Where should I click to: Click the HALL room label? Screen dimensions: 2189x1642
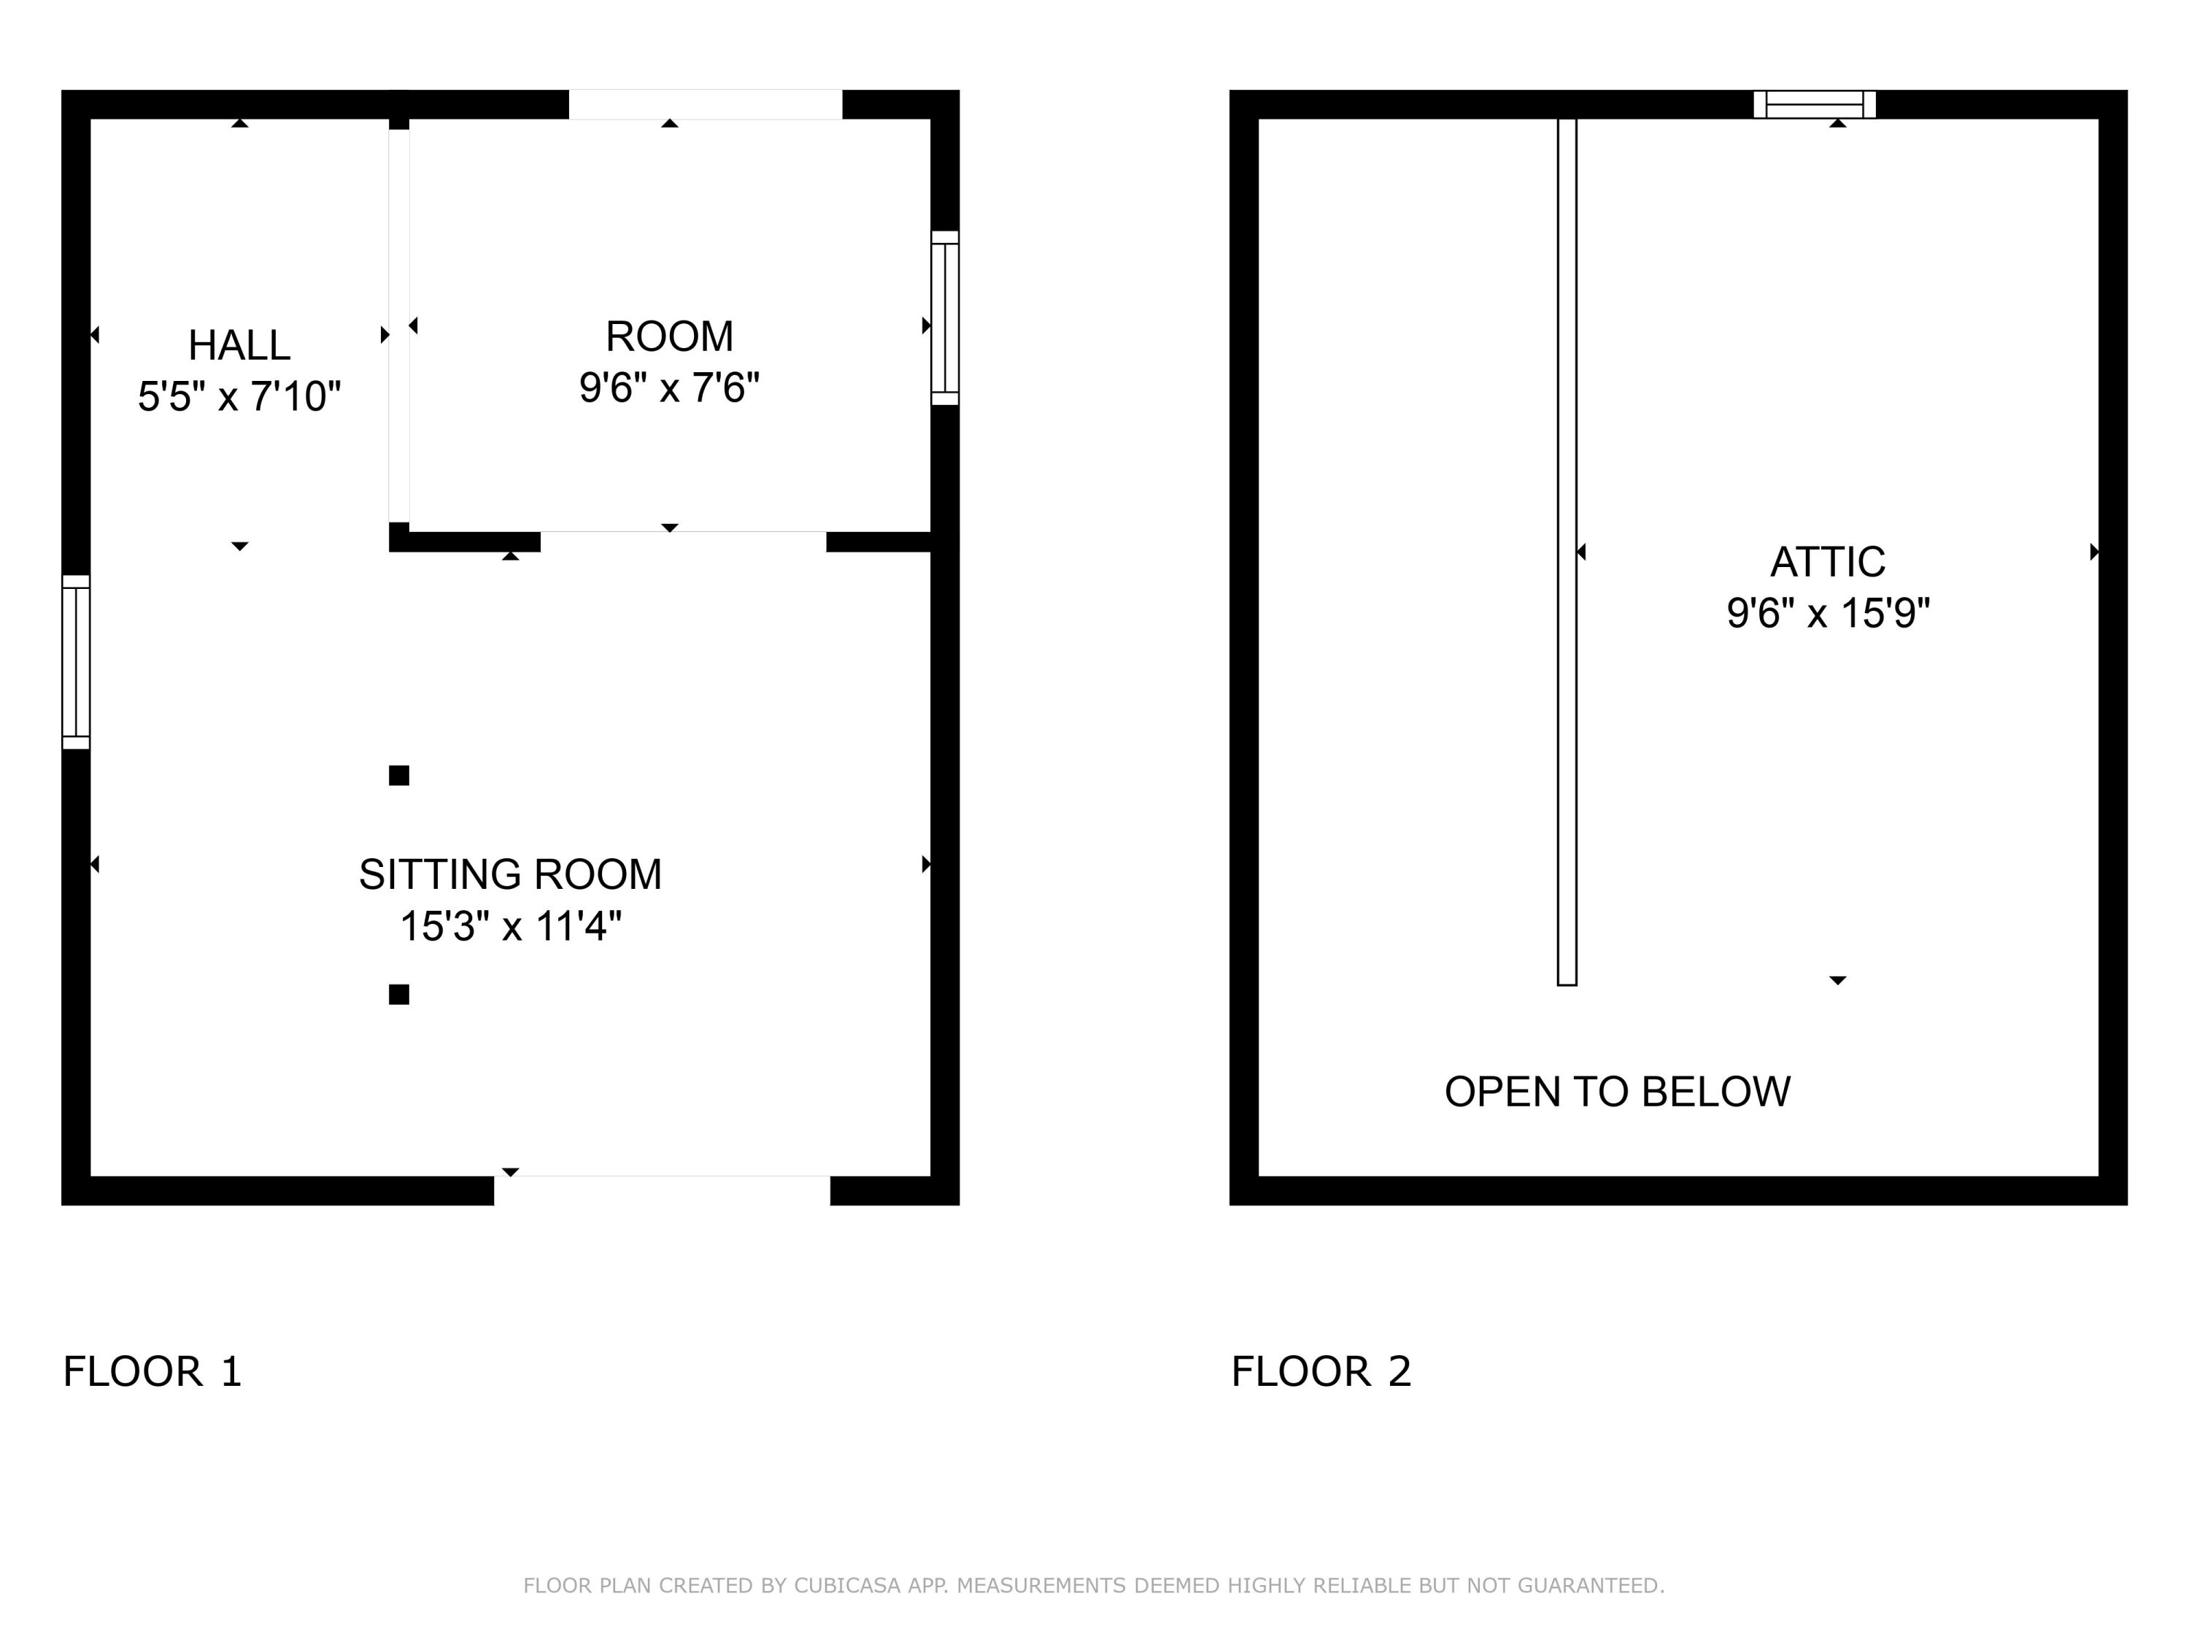[239, 345]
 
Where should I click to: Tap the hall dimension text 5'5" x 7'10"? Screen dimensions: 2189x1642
[239, 397]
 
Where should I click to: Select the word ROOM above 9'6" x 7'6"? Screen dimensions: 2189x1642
[669, 336]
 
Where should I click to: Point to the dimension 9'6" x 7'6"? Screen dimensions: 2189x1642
[669, 388]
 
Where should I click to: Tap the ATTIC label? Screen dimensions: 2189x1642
[1828, 562]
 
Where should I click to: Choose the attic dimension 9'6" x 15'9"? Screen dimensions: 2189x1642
[1828, 614]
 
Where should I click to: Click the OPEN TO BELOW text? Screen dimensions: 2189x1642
[1617, 1092]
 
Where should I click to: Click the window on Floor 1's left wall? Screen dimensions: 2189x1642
[76, 662]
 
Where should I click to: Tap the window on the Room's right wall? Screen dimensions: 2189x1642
[945, 317]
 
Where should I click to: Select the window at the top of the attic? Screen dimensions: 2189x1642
[1815, 104]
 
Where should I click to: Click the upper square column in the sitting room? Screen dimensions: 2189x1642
[399, 776]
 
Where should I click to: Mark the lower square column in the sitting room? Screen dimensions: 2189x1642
[399, 995]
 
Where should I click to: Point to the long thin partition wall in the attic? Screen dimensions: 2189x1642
[1567, 552]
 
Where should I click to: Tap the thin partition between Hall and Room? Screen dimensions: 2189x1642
[399, 325]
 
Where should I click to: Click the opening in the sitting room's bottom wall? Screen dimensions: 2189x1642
[662, 1191]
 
